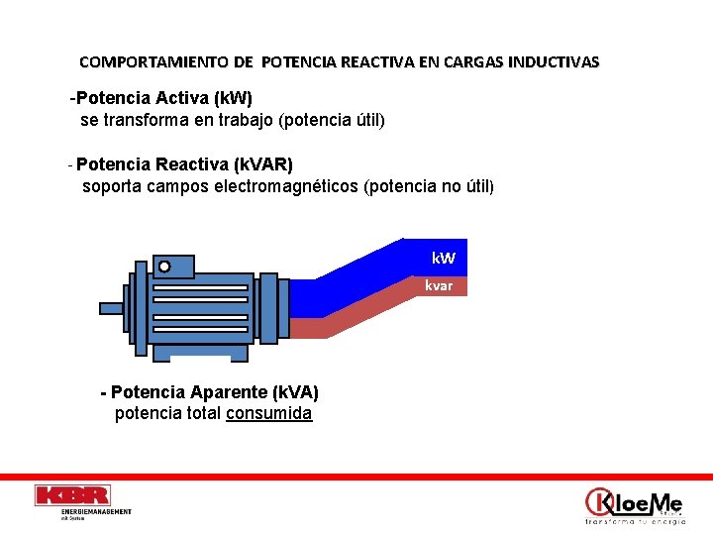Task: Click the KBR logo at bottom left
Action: (71, 495)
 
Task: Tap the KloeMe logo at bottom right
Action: (634, 503)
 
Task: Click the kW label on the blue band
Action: (444, 259)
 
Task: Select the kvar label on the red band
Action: (439, 285)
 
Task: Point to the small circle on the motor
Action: (164, 266)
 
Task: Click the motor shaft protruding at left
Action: (112, 308)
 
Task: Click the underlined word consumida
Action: (268, 413)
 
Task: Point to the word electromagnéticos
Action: (287, 185)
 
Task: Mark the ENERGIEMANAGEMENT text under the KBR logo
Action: (96, 511)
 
